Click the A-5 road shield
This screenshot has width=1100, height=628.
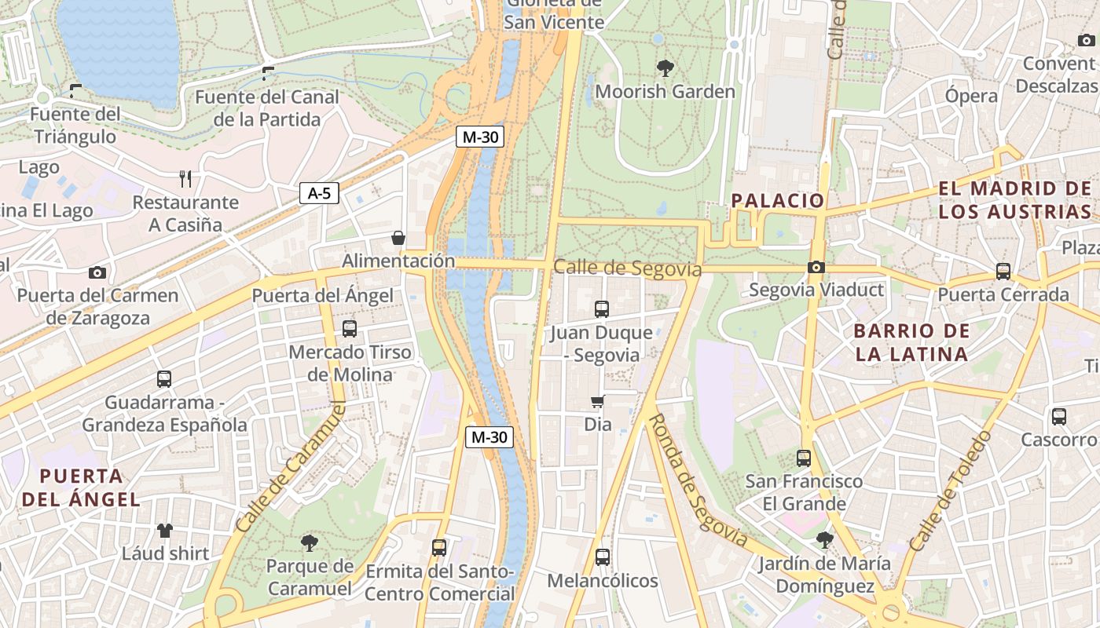[x=319, y=193]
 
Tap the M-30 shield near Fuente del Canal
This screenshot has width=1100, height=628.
[x=480, y=137]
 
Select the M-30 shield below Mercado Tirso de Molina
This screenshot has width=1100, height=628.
[x=489, y=437]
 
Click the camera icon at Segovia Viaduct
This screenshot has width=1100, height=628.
[x=816, y=267]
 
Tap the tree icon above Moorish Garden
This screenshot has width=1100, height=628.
[x=665, y=68]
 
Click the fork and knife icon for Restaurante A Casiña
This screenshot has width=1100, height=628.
[x=185, y=179]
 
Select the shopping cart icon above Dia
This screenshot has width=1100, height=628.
[x=598, y=402]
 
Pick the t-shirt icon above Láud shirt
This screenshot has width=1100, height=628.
[x=165, y=531]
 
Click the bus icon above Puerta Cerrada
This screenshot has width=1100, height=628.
[x=1003, y=272]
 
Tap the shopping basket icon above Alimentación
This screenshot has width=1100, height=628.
[x=398, y=238]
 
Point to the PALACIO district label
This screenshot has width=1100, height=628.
[x=778, y=200]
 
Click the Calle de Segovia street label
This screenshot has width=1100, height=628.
[x=627, y=268]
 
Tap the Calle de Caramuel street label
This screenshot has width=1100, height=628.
[x=291, y=466]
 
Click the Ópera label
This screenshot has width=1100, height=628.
[x=971, y=96]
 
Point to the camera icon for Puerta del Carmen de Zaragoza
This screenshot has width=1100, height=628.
[x=97, y=272]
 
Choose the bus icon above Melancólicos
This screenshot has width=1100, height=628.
[x=603, y=557]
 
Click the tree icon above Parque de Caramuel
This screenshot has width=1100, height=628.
[x=310, y=542]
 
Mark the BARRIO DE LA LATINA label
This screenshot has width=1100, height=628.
[x=911, y=342]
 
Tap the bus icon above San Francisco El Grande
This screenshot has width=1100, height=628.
[x=804, y=458]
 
